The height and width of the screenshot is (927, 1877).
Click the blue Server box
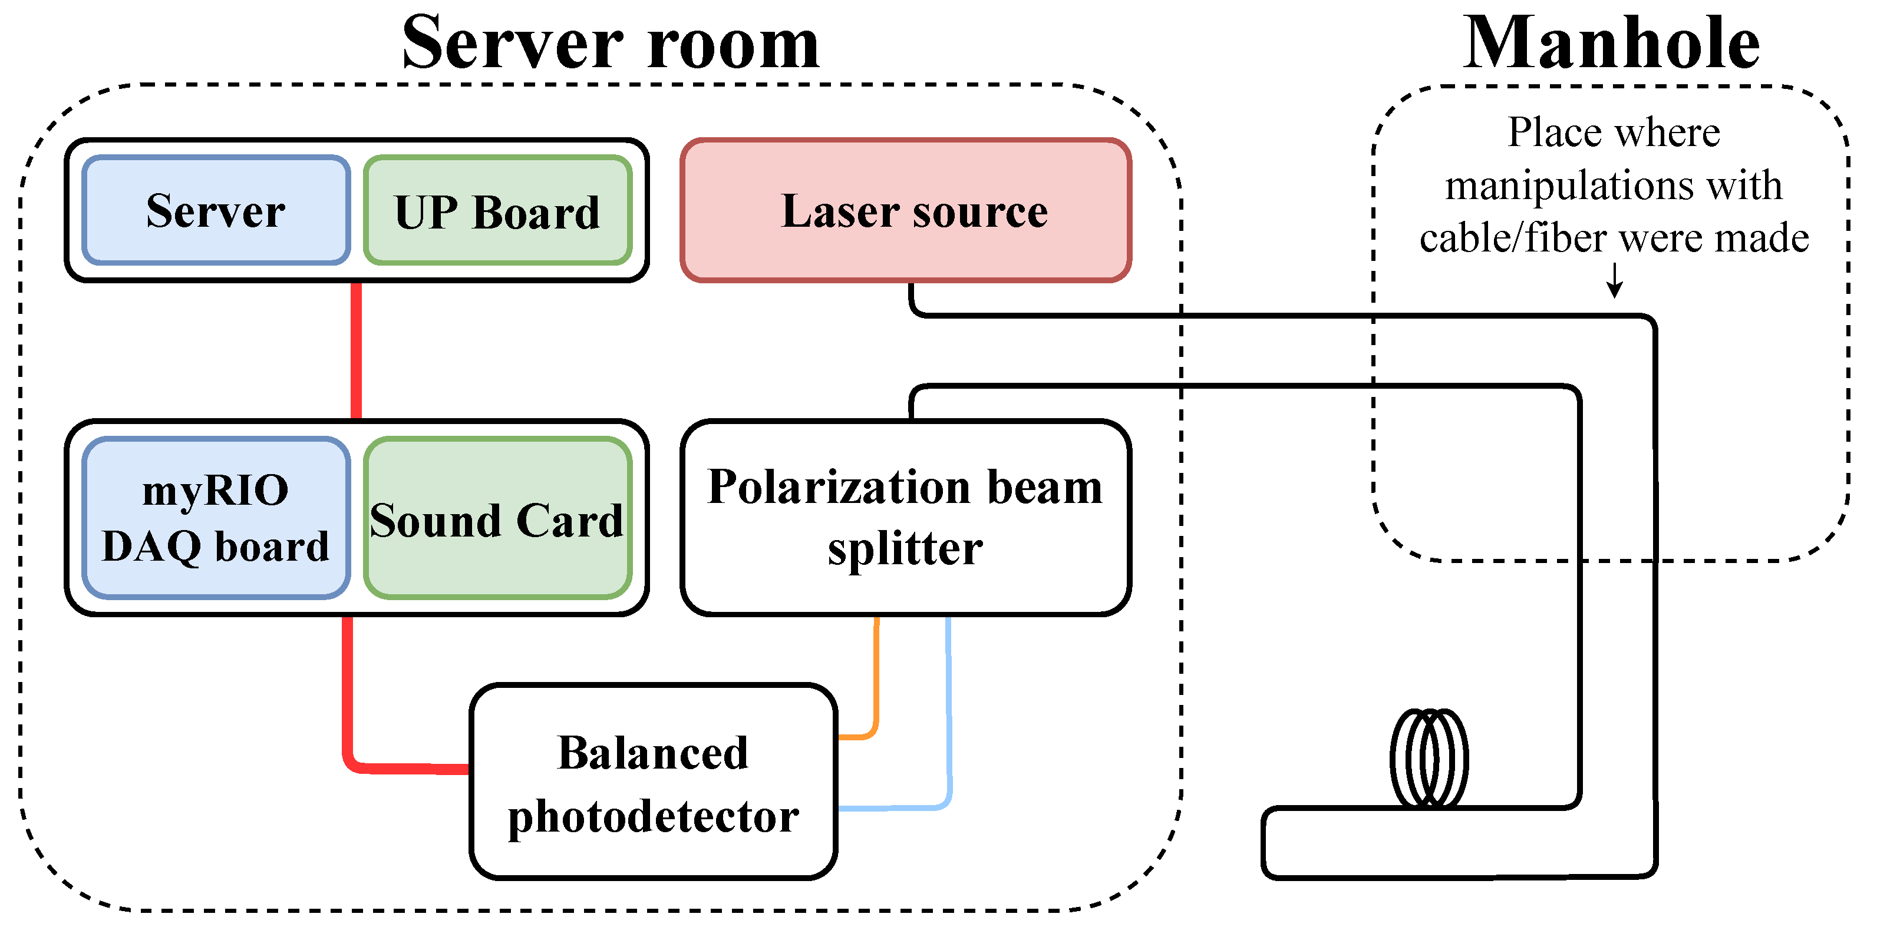pos(216,210)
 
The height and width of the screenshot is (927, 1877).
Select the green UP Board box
pos(497,210)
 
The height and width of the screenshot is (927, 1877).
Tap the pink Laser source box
pos(906,210)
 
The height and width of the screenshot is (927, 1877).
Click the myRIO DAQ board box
pos(216,518)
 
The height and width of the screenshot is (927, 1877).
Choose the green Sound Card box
pos(497,518)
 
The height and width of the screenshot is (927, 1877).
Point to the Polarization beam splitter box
pos(906,518)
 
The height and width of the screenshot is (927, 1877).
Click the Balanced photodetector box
pos(654,782)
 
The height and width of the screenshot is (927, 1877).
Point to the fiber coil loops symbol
pos(1429,758)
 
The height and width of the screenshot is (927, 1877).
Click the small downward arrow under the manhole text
pos(1615,280)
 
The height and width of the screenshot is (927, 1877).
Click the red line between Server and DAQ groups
pos(357,351)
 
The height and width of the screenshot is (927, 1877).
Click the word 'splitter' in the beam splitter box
pos(905,549)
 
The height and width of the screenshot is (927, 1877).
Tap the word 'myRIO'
pos(216,489)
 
